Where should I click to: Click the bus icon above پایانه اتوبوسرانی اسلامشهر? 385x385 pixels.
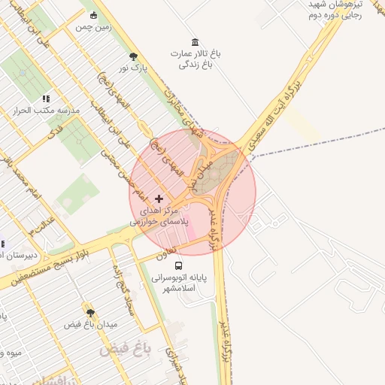pyautogui.click(x=178, y=265)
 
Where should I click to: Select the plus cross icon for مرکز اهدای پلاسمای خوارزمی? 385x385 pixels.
pyautogui.click(x=158, y=198)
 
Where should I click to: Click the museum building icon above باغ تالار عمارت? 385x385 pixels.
pyautogui.click(x=196, y=41)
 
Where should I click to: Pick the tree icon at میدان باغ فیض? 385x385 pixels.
pyautogui.click(x=90, y=312)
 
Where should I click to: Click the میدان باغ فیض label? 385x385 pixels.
pyautogui.click(x=94, y=325)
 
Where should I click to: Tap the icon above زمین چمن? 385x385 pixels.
pyautogui.click(x=93, y=15)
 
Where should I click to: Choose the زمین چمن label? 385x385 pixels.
pyautogui.click(x=93, y=27)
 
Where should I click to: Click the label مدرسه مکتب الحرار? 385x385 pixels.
pyautogui.click(x=47, y=111)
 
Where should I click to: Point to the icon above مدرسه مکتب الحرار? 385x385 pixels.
pyautogui.click(x=47, y=99)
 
